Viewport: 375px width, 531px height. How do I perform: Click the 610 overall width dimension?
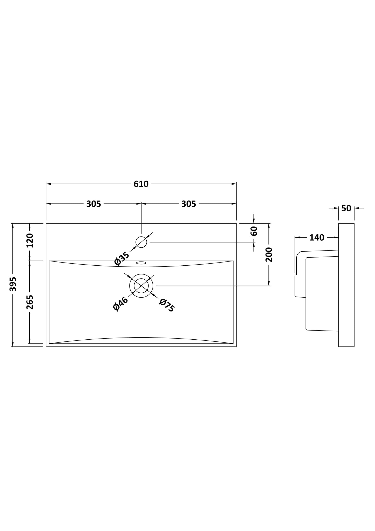point(141,184)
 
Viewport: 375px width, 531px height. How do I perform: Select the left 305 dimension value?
point(93,204)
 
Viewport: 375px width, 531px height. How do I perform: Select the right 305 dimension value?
point(188,204)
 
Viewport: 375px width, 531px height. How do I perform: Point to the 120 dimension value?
point(30,240)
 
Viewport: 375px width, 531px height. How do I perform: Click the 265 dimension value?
point(30,302)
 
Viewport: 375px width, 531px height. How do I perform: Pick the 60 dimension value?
point(254,231)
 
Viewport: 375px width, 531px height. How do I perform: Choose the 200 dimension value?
point(269,254)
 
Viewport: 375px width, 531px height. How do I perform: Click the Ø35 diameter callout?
point(121,259)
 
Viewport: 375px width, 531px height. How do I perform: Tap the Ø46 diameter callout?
point(121,304)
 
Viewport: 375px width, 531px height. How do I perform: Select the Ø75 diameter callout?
point(167,305)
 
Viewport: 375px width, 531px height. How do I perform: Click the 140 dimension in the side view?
point(317,238)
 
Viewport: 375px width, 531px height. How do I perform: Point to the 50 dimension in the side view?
point(346,208)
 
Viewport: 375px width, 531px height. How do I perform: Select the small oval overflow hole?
point(141,263)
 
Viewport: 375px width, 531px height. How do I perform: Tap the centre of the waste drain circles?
point(141,286)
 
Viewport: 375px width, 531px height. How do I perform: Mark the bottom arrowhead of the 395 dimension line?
point(13,344)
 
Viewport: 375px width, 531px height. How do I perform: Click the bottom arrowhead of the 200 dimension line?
point(269,283)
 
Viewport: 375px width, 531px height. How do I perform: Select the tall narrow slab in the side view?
point(346,285)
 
